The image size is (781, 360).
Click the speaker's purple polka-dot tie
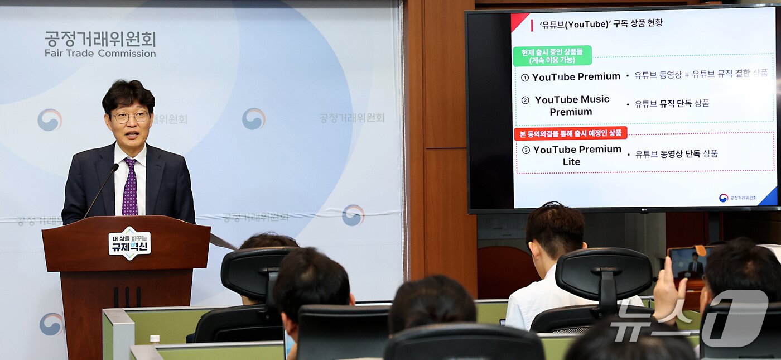pyautogui.click(x=130, y=187)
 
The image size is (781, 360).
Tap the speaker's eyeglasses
pyautogui.click(x=130, y=117)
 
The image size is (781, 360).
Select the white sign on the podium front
pyautogui.click(x=129, y=243)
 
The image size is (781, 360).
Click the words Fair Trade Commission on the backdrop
pyautogui.click(x=100, y=54)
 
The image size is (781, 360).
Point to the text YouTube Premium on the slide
pyautogui.click(x=576, y=76)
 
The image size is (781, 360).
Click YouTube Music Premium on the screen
pyautogui.click(x=571, y=105)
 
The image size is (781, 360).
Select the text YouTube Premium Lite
pyautogui.click(x=576, y=155)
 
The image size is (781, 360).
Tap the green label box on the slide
pyautogui.click(x=552, y=56)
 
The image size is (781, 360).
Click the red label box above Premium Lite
pyautogui.click(x=570, y=133)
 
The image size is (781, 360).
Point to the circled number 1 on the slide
pyautogui.click(x=525, y=78)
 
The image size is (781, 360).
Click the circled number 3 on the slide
pyautogui.click(x=526, y=150)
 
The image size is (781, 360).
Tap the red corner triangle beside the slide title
pyautogui.click(x=519, y=21)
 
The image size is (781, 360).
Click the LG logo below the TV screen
pyautogui.click(x=644, y=210)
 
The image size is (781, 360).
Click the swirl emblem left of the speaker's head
pyautogui.click(x=50, y=120)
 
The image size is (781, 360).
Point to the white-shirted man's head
pyautogui.click(x=554, y=230)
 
